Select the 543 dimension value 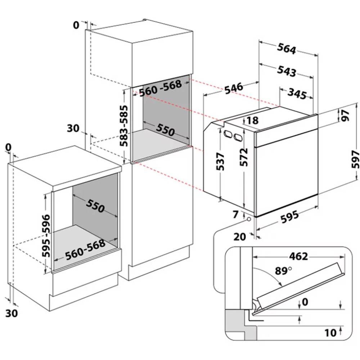point(287,71)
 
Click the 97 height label point(346,116)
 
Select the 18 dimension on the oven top point(253,120)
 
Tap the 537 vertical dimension point(221,161)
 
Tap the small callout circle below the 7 point(249,219)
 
